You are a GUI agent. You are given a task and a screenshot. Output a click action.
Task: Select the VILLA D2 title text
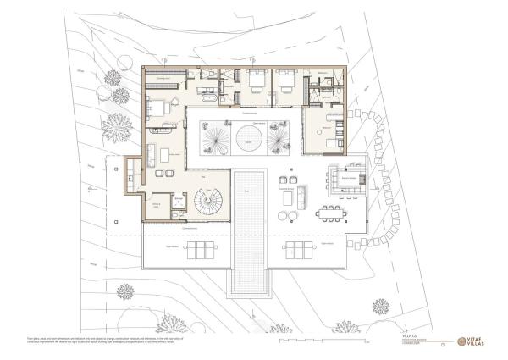tap(410, 336)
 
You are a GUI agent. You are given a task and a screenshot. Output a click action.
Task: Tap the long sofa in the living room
tap(150, 156)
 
